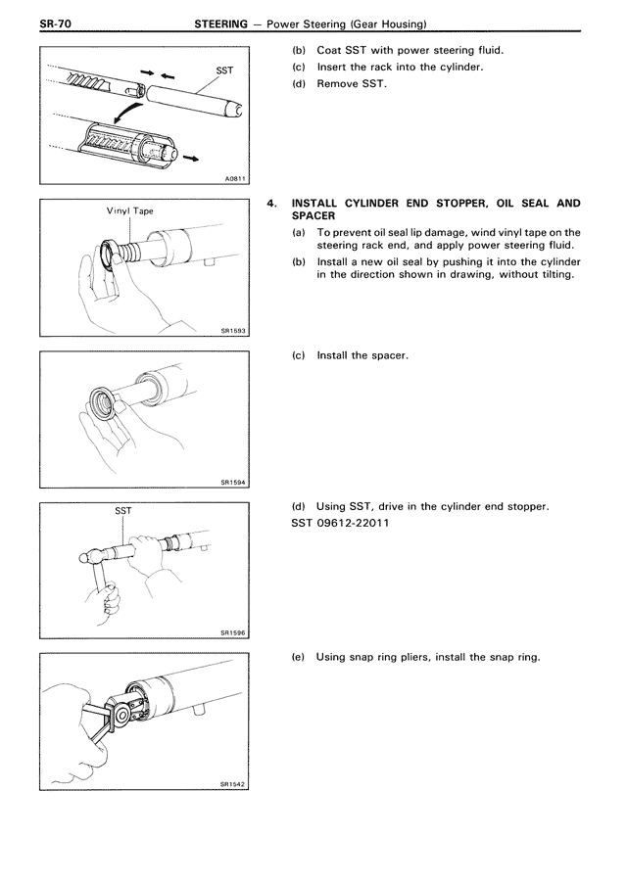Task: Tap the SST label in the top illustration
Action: point(223,70)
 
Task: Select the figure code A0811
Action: point(231,177)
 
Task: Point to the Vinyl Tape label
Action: point(129,211)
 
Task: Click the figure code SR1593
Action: point(230,330)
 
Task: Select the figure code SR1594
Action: point(230,482)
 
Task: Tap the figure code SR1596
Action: point(230,632)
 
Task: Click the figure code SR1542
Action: point(230,783)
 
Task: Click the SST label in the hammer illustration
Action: point(123,511)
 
